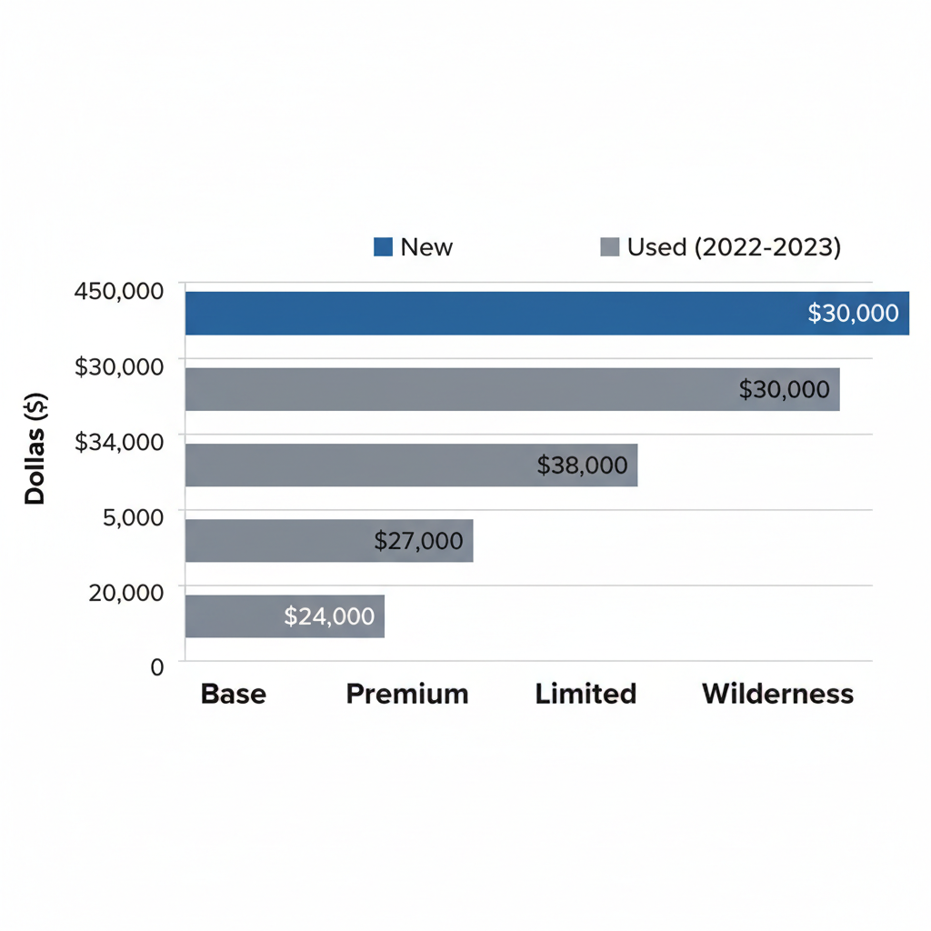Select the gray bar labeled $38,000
pyautogui.click(x=364, y=465)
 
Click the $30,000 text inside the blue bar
pyautogui.click(x=853, y=314)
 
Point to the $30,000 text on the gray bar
pyautogui.click(x=784, y=390)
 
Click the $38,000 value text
pyautogui.click(x=582, y=465)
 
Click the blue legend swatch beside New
pyautogui.click(x=383, y=246)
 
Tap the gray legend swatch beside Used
pyautogui.click(x=610, y=246)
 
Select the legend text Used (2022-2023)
pyautogui.click(x=734, y=246)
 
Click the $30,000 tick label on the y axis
pyautogui.click(x=119, y=366)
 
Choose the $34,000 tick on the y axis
pyautogui.click(x=119, y=442)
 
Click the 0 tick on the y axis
pyautogui.click(x=157, y=666)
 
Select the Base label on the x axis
pyautogui.click(x=233, y=695)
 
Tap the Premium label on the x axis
pyautogui.click(x=407, y=695)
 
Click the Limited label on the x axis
pyautogui.click(x=586, y=695)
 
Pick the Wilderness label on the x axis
pyautogui.click(x=777, y=695)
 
